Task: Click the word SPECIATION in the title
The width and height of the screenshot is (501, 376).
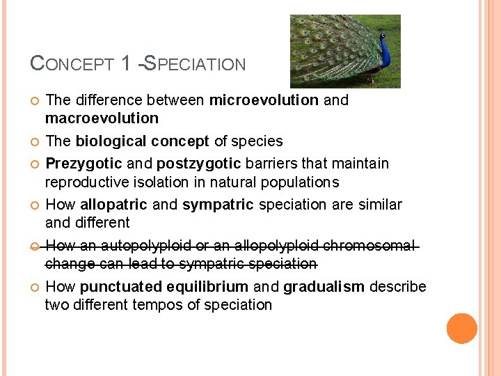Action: coord(195,64)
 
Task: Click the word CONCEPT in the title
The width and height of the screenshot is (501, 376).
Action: coord(72,64)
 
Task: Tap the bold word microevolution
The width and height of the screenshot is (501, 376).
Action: coord(264,100)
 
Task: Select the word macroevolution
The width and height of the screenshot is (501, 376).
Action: coord(102,118)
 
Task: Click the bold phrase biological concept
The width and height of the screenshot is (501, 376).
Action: coord(142,141)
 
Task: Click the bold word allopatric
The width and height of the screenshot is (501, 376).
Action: coord(114,205)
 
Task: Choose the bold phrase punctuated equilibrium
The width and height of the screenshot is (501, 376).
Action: coord(164,287)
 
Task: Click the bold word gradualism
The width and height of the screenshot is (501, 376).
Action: coord(324,287)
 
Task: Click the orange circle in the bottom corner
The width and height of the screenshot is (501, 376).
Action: coord(462,329)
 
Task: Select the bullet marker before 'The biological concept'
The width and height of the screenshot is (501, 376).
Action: coord(35,142)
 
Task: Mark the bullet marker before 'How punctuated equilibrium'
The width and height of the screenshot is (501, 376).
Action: coord(35,288)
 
